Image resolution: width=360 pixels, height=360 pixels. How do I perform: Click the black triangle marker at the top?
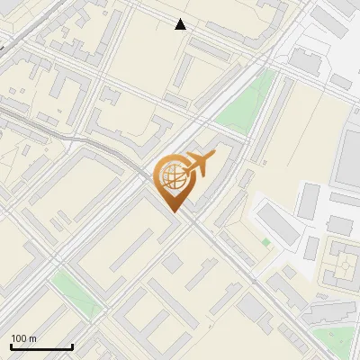click(x=181, y=24)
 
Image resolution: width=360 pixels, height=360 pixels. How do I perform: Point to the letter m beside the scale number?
click(x=32, y=338)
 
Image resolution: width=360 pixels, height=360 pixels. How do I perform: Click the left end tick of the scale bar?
click(x=11, y=346)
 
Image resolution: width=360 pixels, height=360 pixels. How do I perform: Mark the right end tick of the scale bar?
click(x=73, y=346)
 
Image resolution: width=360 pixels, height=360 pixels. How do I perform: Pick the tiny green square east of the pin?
click(x=265, y=242)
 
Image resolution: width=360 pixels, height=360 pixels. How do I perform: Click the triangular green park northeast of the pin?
click(x=245, y=103)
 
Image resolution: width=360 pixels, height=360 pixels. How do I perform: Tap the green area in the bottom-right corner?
click(x=337, y=339)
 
